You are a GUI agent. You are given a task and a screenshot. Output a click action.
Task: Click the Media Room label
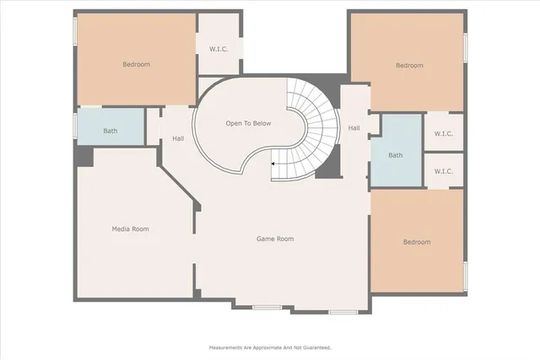(x=130, y=228)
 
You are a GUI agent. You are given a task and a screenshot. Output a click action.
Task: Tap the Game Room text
(x=274, y=239)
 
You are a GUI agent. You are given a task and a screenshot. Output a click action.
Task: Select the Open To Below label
(x=248, y=123)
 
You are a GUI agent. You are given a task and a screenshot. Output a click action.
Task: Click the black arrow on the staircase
(x=275, y=164)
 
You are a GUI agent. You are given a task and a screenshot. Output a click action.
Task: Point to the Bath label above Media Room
(x=111, y=131)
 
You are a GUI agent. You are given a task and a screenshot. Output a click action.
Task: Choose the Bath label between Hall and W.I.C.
(x=396, y=155)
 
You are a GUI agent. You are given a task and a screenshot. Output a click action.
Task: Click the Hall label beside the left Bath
(x=178, y=138)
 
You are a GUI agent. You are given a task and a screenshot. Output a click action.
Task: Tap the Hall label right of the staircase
(x=354, y=128)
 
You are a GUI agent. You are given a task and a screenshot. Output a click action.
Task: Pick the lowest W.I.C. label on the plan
(x=444, y=171)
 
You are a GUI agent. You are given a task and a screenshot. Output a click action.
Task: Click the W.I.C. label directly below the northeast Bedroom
(x=444, y=133)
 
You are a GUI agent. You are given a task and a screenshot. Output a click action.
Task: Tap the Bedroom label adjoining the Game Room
(x=417, y=242)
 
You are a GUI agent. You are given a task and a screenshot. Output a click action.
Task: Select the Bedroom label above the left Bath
(x=136, y=64)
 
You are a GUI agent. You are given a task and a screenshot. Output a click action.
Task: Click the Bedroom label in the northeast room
(x=409, y=65)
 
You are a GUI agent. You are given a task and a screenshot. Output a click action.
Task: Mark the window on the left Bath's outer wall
(x=75, y=126)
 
